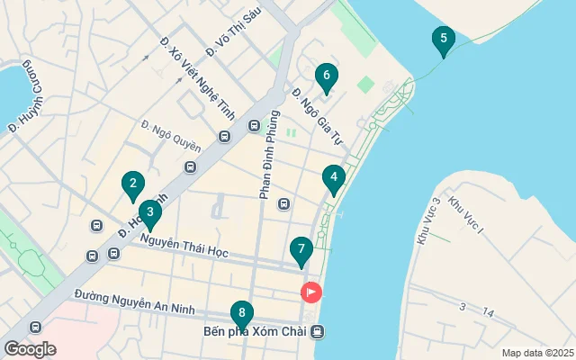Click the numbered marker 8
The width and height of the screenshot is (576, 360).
point(241,314)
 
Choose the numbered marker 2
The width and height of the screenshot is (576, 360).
point(133,185)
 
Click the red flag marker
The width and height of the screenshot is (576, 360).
point(310,292)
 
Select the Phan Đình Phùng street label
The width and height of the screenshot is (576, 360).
point(266,170)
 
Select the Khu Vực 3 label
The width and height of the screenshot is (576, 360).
point(428,220)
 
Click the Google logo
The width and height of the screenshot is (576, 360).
point(30,349)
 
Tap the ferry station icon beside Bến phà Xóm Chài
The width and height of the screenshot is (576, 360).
point(318,332)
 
